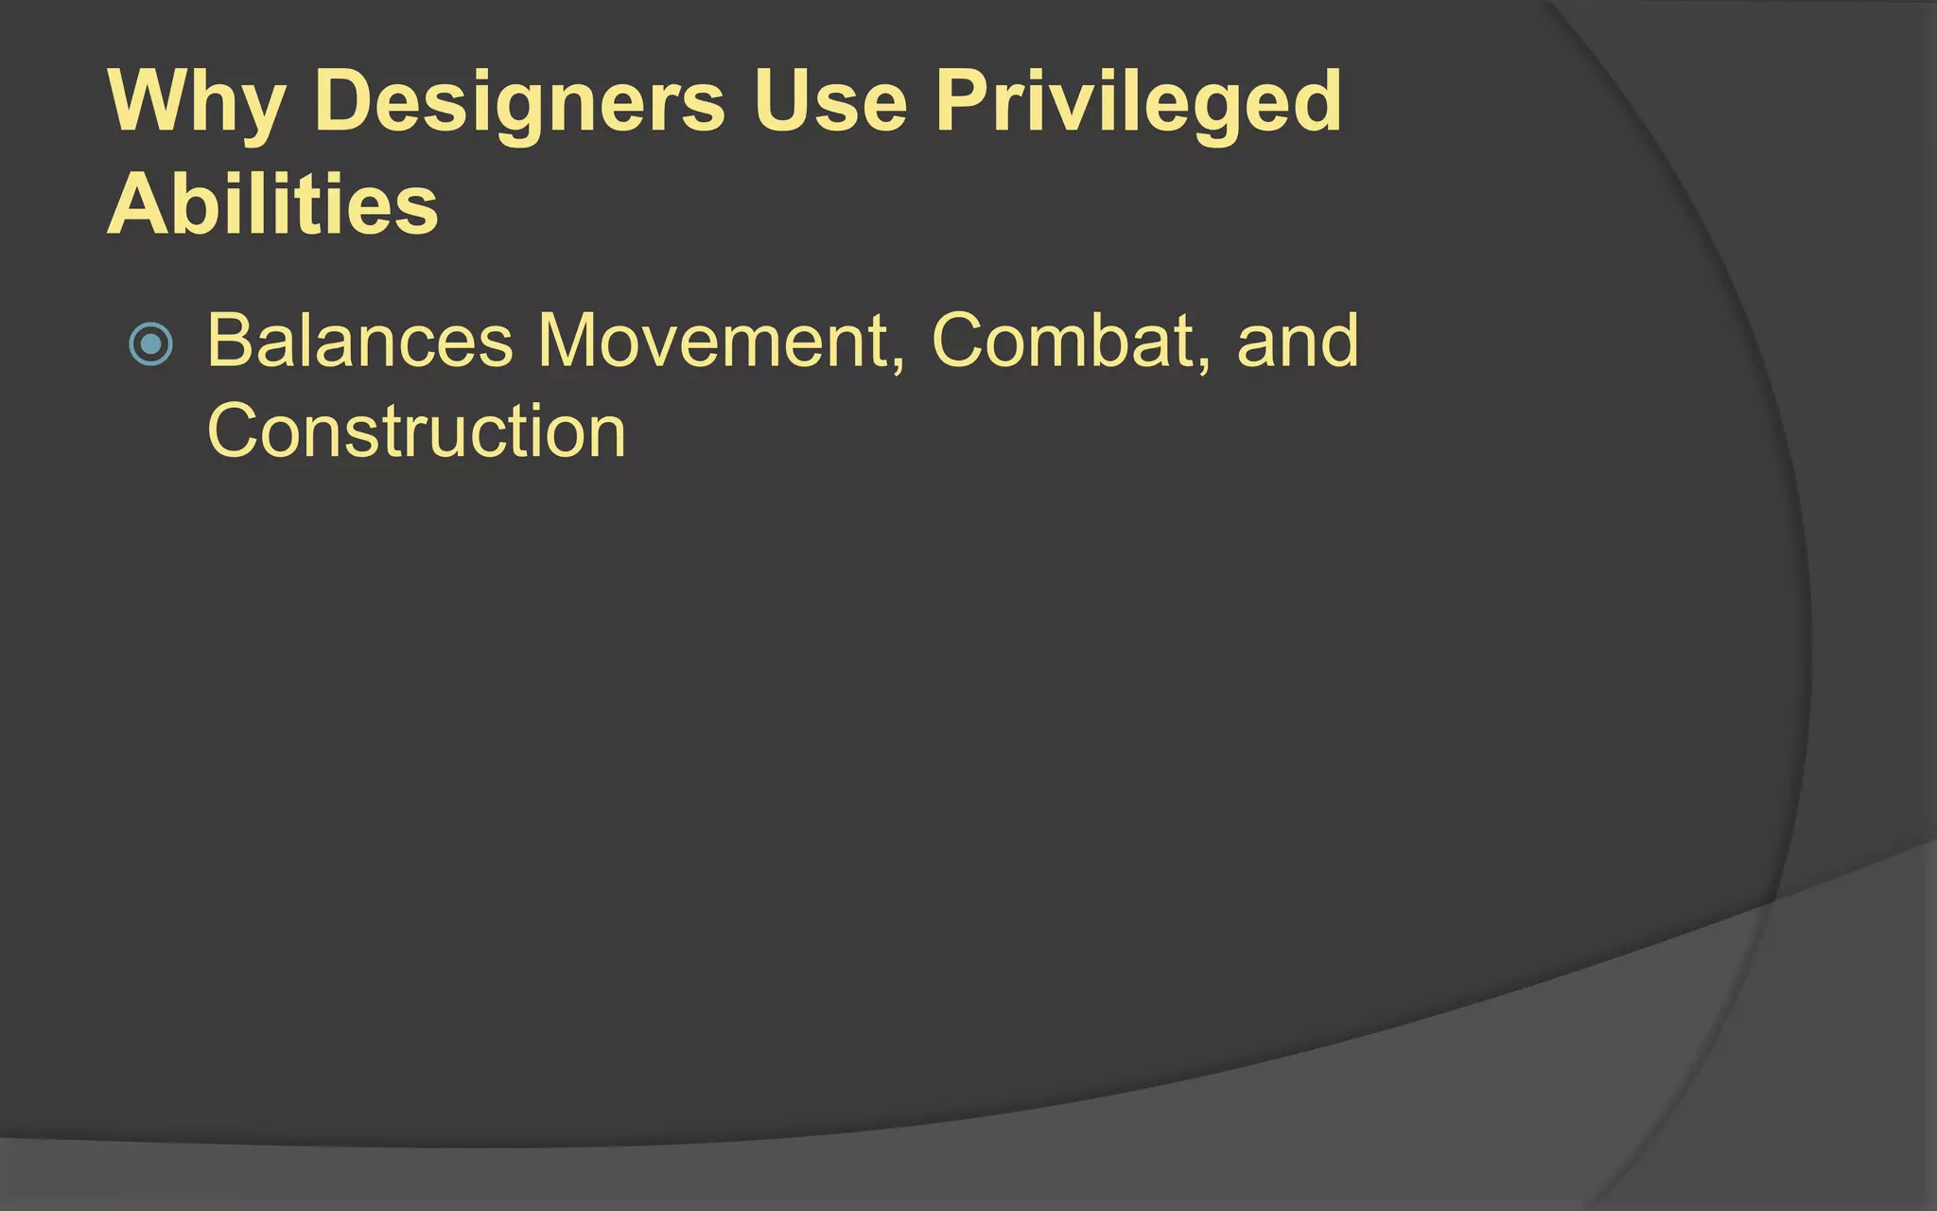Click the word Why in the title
coord(197,102)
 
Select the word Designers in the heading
coord(519,102)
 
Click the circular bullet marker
coord(150,343)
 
